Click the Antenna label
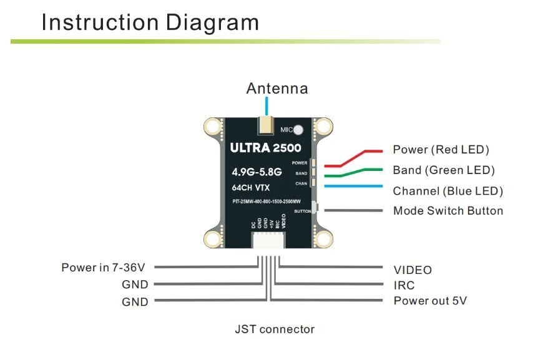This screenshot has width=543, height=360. click(x=277, y=88)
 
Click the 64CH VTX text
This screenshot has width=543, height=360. click(x=252, y=187)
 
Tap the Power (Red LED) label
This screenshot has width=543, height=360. click(x=441, y=150)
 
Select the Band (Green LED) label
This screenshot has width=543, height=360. click(x=444, y=170)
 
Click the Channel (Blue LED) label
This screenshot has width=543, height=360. click(x=448, y=191)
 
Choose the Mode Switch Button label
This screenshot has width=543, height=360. click(x=448, y=211)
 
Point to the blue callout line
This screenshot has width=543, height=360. click(x=350, y=185)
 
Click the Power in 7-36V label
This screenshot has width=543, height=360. click(x=103, y=268)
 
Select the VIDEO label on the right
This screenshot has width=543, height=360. click(x=413, y=270)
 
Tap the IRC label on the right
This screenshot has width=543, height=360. click(x=404, y=286)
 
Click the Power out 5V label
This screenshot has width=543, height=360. click(x=430, y=301)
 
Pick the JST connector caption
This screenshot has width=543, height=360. click(x=275, y=329)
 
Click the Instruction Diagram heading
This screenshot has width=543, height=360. click(x=150, y=22)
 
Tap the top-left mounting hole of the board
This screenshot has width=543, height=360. click(x=215, y=127)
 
